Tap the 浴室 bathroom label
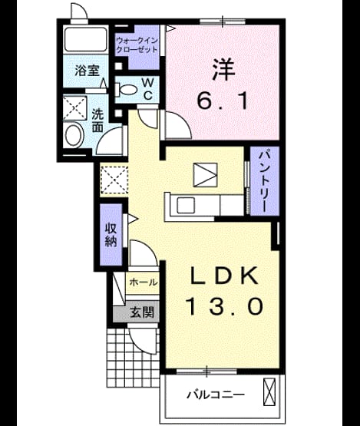[x=88, y=71]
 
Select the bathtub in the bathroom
[x=85, y=39]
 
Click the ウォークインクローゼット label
[x=137, y=45]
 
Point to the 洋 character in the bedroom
[x=223, y=69]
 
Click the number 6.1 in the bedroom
[x=223, y=101]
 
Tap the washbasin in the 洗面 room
[x=74, y=135]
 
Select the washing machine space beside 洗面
[x=75, y=108]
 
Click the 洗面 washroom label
[x=97, y=121]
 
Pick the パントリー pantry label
[x=265, y=181]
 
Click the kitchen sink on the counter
[x=186, y=206]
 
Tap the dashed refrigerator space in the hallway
[x=114, y=180]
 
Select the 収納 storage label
[x=111, y=234]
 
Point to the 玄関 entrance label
[x=142, y=312]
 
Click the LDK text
[x=224, y=276]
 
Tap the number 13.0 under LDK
[x=224, y=305]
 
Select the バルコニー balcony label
[x=216, y=395]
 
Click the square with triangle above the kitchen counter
[x=205, y=175]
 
